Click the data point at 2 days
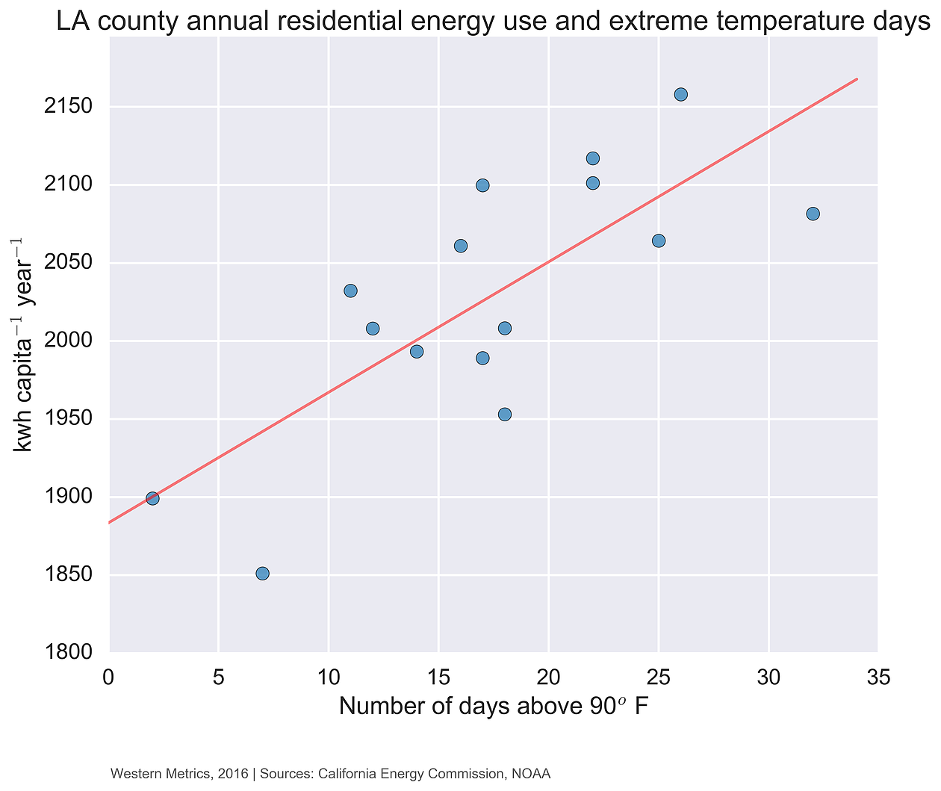coord(152,498)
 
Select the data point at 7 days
coord(262,574)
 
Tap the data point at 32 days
coord(813,214)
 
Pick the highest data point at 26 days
coord(681,94)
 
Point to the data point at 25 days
coord(659,241)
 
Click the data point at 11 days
coord(350,291)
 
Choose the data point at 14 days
coord(417,352)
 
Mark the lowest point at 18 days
coord(505,415)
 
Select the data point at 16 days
coord(461,246)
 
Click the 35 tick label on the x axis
coord(878,678)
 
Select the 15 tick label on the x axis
coord(438,678)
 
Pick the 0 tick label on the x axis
coord(109,678)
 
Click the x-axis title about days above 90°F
coord(493,706)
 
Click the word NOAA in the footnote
coord(531,775)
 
